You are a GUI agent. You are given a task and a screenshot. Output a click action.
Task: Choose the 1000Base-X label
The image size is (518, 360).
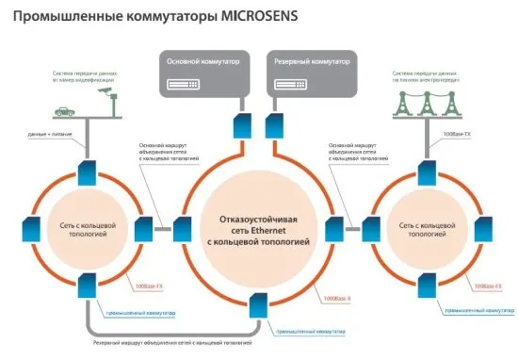pos(336,299)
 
